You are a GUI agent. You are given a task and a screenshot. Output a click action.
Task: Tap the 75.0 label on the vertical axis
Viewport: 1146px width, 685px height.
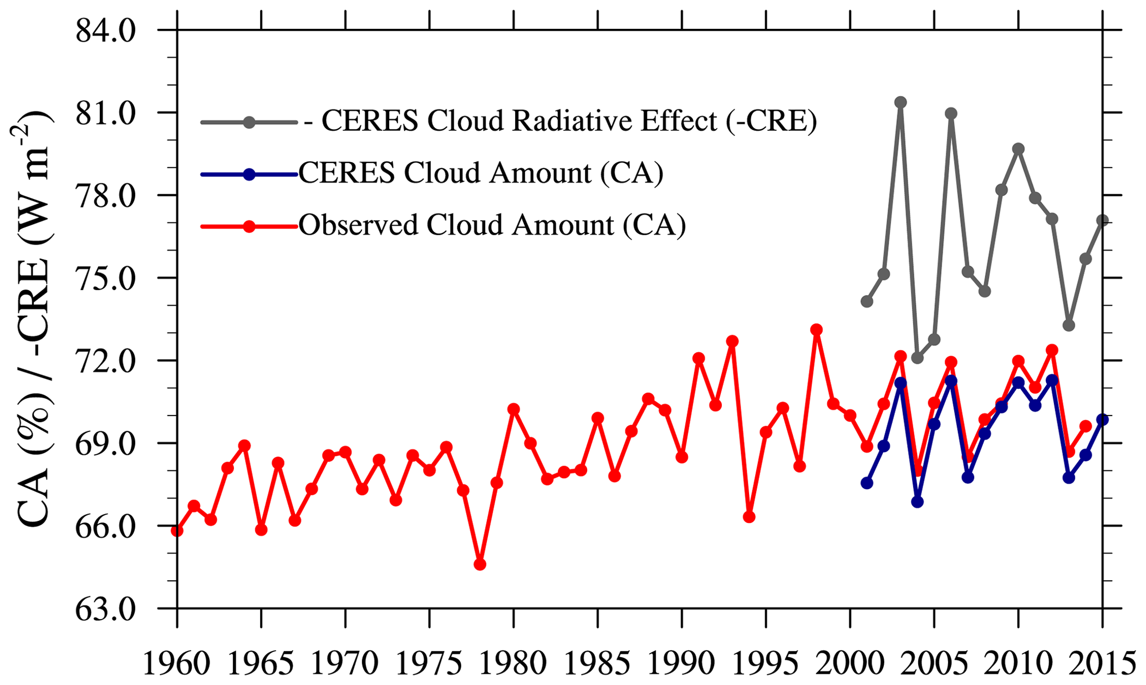105,279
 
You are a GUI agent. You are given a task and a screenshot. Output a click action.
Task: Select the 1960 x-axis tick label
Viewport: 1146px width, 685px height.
177,662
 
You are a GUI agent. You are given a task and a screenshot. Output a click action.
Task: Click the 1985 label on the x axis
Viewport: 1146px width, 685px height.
597,662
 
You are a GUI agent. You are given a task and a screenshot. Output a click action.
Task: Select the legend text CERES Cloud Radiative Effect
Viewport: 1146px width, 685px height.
560,121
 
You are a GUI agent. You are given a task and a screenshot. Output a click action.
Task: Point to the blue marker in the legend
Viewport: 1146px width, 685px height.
249,174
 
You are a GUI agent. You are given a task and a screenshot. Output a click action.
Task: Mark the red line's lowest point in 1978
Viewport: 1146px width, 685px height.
480,564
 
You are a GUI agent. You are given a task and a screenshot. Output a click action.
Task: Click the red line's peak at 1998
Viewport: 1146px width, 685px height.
816,330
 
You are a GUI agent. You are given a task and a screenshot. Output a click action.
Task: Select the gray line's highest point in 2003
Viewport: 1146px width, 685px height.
900,102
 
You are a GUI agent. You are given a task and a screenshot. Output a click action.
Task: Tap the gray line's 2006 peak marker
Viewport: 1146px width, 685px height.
951,114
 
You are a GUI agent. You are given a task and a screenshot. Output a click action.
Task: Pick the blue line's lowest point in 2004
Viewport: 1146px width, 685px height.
917,501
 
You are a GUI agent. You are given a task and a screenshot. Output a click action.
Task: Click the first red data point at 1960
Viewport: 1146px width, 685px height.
177,531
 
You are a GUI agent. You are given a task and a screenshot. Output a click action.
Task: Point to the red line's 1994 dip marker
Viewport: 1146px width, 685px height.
749,517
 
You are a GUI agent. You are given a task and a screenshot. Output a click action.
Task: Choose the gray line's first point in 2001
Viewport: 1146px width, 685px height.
867,302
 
